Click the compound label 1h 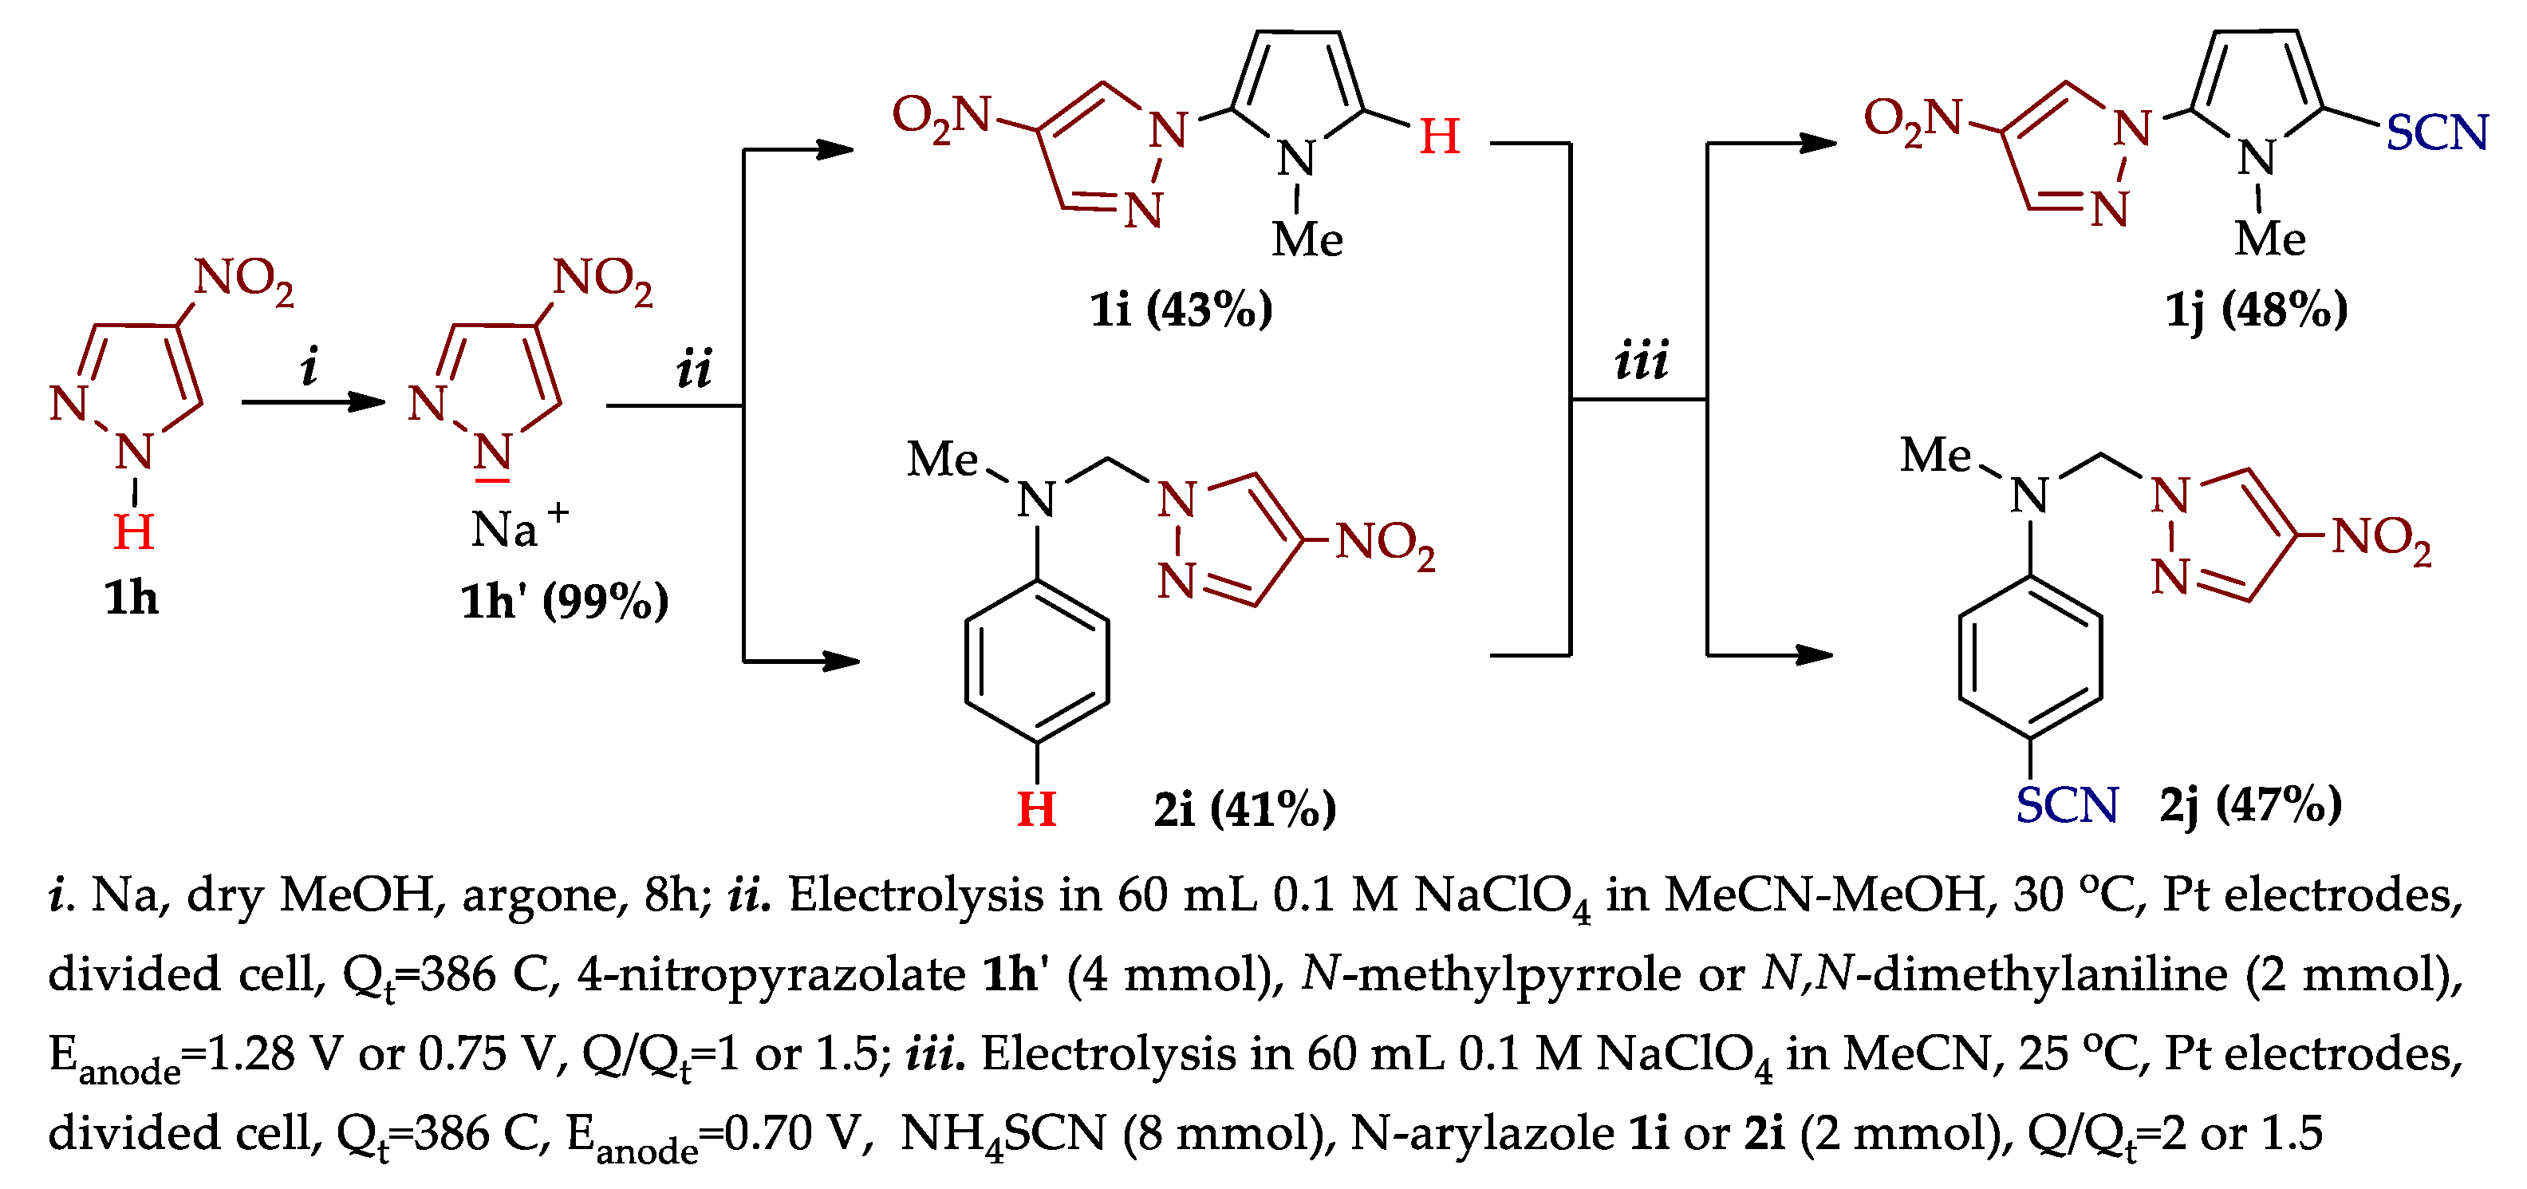(x=131, y=598)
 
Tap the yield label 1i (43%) (x=1181, y=310)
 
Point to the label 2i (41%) (x=1244, y=809)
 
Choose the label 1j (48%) (x=2257, y=310)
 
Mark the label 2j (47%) (x=2250, y=805)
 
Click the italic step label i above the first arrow (x=309, y=367)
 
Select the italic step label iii (x=1640, y=361)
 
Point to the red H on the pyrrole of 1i (x=1439, y=136)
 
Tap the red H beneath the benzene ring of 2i (x=1036, y=809)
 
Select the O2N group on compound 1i (x=942, y=118)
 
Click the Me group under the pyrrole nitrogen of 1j (x=2270, y=239)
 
